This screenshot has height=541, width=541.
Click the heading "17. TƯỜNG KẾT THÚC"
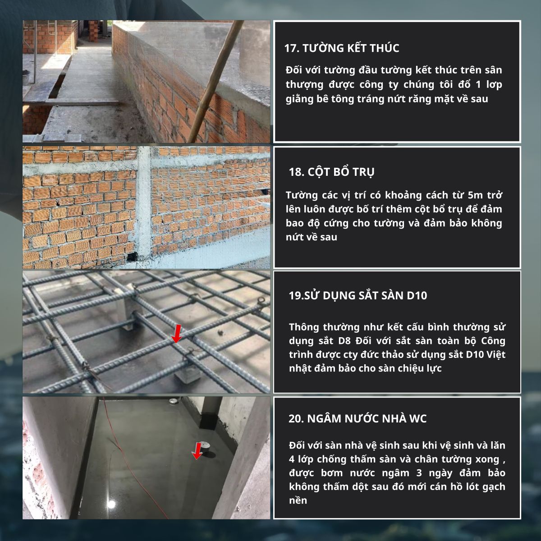342,48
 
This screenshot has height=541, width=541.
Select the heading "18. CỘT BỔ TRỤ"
331,172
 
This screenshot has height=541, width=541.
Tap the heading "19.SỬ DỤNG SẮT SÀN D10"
358,295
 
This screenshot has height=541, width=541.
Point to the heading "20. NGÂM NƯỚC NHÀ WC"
358,418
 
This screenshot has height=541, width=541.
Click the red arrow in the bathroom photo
197,451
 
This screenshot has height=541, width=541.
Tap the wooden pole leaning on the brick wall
215,82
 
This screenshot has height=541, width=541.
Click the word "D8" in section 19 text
344,341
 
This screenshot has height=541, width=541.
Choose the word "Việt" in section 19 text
496,355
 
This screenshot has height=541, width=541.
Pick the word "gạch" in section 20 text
494,487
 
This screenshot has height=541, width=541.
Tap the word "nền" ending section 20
298,500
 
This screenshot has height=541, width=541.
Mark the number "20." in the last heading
296,419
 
